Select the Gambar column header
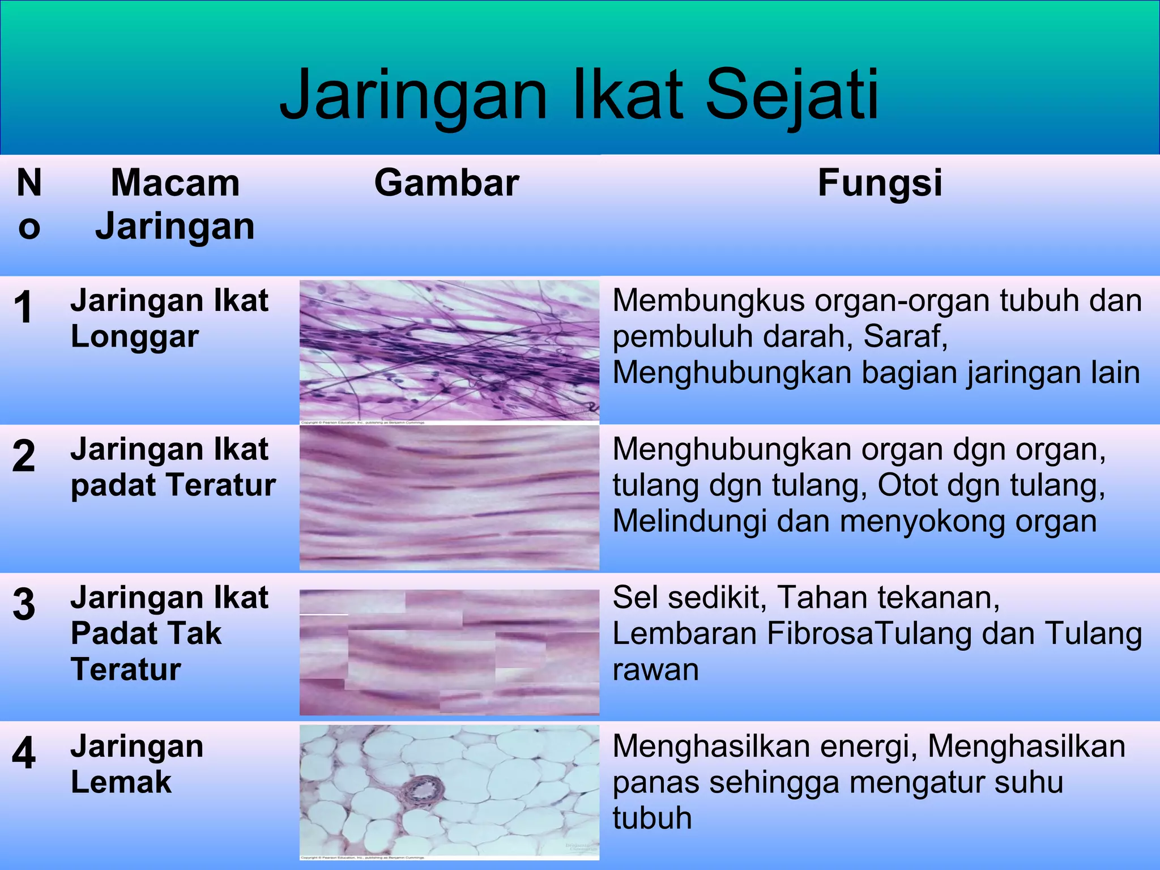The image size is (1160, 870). click(446, 183)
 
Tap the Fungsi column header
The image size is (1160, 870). click(880, 183)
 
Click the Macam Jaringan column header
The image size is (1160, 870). click(175, 204)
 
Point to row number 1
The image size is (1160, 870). click(23, 308)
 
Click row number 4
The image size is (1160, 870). click(23, 753)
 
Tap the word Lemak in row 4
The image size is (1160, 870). click(121, 783)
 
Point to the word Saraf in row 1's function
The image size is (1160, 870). click(905, 336)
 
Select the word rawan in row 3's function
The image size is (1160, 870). click(655, 670)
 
